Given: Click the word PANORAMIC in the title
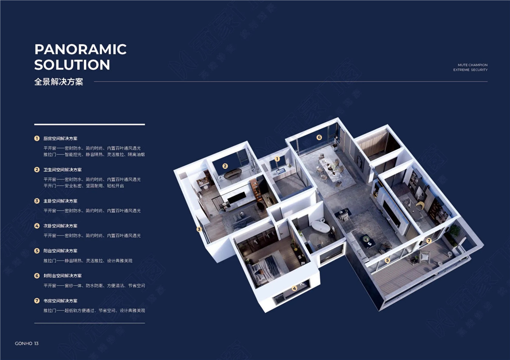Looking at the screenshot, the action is click(81, 49).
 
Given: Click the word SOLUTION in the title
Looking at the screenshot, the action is click(72, 65).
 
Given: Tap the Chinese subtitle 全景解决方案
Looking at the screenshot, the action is click(59, 82).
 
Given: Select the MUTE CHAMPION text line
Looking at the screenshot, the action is click(473, 65).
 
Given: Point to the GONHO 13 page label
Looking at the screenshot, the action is click(27, 343).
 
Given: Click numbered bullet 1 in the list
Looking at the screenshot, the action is click(37, 139).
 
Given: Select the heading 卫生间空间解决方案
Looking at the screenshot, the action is click(62, 170).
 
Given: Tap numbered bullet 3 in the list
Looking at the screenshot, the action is click(37, 201).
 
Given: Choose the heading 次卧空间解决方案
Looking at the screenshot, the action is click(60, 226).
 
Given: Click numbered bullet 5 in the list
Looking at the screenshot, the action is click(37, 251).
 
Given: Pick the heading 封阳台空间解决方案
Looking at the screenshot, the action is click(62, 276).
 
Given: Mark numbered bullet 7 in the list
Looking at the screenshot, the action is click(37, 301).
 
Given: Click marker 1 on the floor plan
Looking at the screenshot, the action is click(277, 159).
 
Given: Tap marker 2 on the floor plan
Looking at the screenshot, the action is click(225, 166).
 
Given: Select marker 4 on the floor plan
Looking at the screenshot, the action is click(295, 289).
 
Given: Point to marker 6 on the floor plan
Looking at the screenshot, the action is click(319, 137).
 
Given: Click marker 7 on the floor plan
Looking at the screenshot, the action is click(429, 241).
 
